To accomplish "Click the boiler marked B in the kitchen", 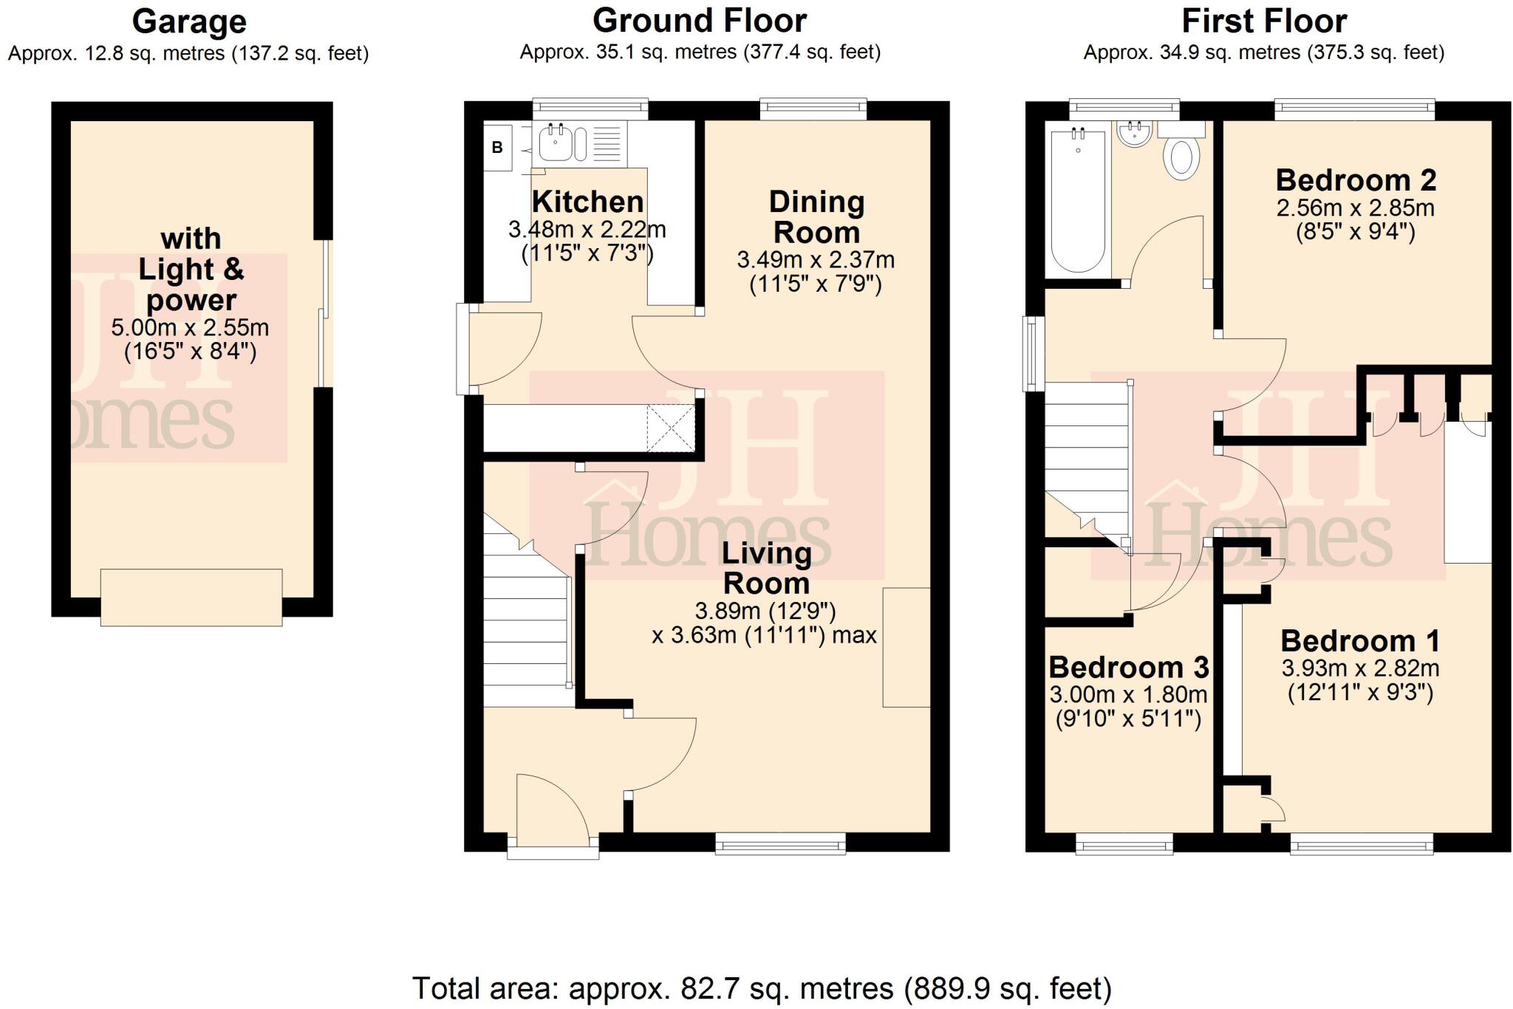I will [x=498, y=147].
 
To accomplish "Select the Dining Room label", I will [x=816, y=217].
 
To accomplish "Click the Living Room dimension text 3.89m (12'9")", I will [x=765, y=611].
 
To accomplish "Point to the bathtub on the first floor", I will [x=1078, y=201].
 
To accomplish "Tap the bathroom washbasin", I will [x=1134, y=135].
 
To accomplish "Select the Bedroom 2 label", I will [x=1356, y=180].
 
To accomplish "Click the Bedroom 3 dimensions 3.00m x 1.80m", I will [x=1128, y=694].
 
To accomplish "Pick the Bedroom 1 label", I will [x=1360, y=641].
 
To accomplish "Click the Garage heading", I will [x=189, y=21].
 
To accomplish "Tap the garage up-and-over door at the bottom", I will [x=191, y=598].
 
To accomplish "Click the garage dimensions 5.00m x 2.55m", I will [x=190, y=327].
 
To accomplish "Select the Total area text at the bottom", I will [x=761, y=988].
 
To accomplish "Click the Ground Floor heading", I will [x=700, y=21].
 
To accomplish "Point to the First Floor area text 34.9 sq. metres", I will [x=1263, y=53].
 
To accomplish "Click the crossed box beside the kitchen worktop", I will [x=671, y=428].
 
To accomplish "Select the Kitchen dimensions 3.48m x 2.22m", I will [x=587, y=230].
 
